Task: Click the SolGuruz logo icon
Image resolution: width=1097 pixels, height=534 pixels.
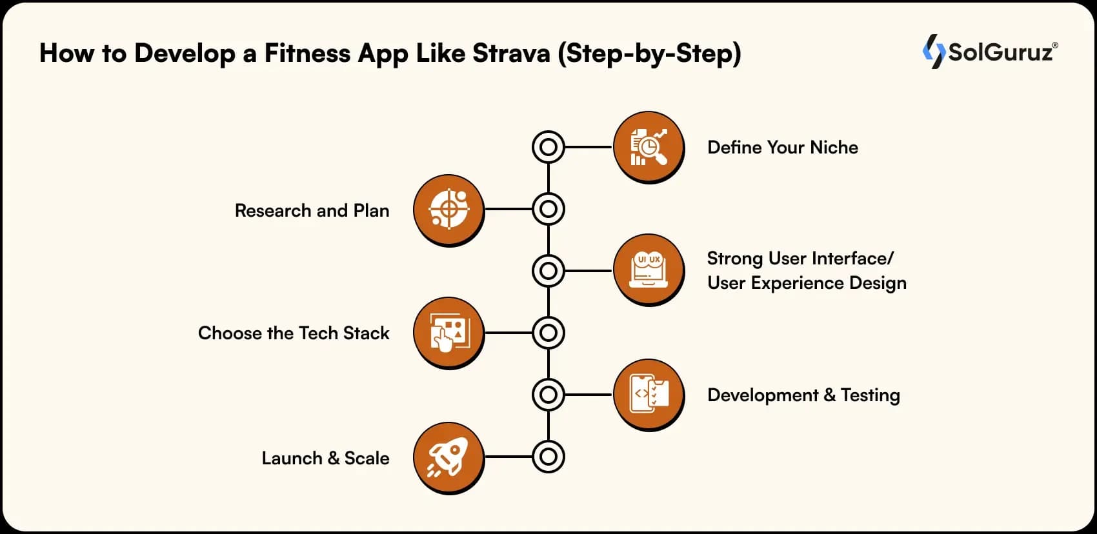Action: click(934, 52)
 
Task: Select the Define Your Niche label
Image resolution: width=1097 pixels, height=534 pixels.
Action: click(783, 147)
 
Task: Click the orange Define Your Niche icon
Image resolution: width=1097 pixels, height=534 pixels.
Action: click(649, 147)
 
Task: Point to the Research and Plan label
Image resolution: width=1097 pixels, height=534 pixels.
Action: click(312, 210)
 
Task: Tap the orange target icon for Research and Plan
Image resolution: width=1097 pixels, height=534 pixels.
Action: click(448, 210)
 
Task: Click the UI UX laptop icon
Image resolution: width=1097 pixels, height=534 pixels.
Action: click(649, 270)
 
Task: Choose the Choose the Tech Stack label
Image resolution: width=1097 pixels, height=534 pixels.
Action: click(294, 333)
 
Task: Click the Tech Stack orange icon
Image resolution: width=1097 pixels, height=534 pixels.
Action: click(448, 333)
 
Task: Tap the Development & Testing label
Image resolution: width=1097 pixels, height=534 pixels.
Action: click(803, 395)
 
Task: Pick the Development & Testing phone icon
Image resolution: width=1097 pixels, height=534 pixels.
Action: click(649, 395)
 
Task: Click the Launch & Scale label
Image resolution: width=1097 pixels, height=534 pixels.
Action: click(326, 458)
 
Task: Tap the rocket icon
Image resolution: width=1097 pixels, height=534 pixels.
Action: click(448, 458)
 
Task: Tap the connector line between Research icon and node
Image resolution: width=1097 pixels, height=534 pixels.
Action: click(508, 209)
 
